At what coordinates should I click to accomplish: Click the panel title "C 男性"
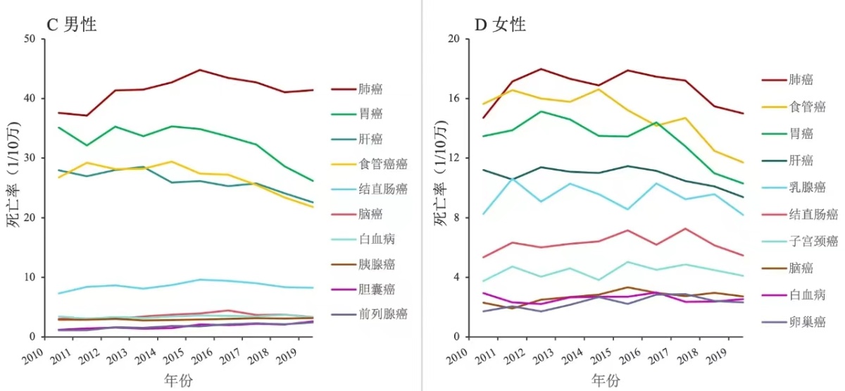pos(71,25)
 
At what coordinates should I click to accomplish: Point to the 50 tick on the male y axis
pos(30,39)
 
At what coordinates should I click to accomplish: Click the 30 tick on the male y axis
pos(30,158)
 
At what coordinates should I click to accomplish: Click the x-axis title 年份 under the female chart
pos(606,381)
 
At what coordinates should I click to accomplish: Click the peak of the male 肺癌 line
pos(200,70)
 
